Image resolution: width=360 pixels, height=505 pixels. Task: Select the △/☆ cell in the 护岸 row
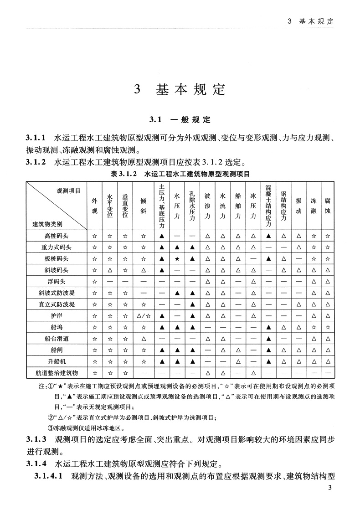[x=143, y=315]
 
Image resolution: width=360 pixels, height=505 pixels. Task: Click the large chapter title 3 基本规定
[x=180, y=89]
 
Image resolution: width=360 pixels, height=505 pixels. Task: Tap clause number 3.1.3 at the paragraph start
[x=37, y=440]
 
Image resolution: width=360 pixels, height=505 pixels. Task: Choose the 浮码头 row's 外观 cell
[x=95, y=281]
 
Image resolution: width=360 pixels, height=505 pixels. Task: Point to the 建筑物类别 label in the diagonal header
[x=47, y=224]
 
